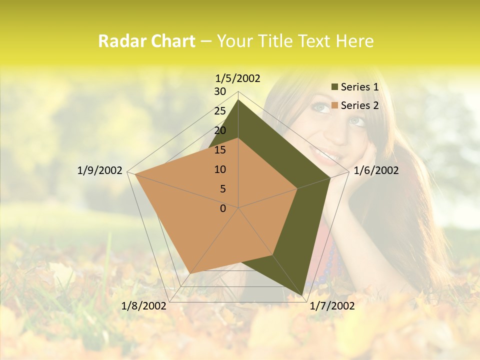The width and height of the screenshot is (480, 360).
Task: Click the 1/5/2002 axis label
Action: click(238, 78)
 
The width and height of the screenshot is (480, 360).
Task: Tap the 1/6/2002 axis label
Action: click(376, 170)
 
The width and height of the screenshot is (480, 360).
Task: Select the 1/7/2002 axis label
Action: click(332, 306)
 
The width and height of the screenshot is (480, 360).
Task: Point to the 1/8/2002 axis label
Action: click(144, 306)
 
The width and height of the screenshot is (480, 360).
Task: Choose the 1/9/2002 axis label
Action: click(100, 170)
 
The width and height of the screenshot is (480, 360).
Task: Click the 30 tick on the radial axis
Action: click(220, 91)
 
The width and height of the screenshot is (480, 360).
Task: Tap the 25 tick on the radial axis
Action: click(220, 111)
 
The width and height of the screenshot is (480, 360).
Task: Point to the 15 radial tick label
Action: click(220, 150)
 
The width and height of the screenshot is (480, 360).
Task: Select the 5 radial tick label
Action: click(223, 189)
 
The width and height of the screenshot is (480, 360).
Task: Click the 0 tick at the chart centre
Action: click(223, 208)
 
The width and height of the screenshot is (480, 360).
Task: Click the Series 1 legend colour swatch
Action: click(335, 87)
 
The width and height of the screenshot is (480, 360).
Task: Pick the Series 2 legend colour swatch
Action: click(335, 105)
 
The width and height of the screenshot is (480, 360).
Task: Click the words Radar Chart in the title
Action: click(146, 41)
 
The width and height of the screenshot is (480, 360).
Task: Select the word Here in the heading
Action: click(355, 41)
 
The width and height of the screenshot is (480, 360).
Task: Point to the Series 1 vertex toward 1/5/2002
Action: click(238, 99)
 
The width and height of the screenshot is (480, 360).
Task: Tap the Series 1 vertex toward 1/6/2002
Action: click(330, 177)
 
